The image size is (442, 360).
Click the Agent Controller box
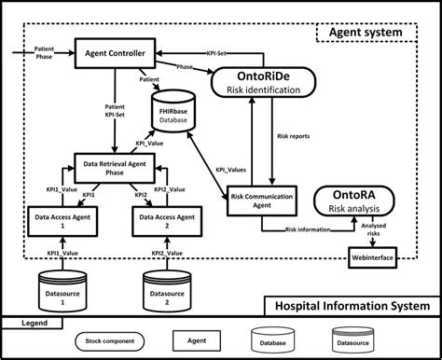coord(115,54)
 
